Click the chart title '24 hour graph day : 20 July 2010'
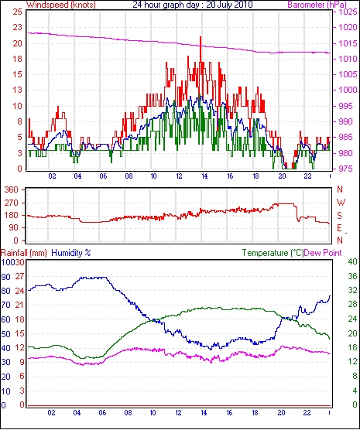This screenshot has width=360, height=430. (x=193, y=5)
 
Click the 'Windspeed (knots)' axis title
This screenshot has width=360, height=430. (x=61, y=5)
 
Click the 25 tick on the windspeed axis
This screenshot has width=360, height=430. (x=18, y=12)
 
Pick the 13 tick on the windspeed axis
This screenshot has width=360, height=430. (x=18, y=90)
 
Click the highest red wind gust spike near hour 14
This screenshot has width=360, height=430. (x=201, y=37)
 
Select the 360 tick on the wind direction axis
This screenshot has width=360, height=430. (x=12, y=189)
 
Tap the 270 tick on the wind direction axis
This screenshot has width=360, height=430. (x=12, y=203)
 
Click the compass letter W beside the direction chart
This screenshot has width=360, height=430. (x=341, y=203)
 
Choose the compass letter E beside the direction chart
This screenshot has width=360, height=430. (x=340, y=228)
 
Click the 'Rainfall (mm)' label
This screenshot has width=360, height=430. (x=24, y=253)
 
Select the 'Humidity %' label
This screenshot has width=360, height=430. (x=71, y=253)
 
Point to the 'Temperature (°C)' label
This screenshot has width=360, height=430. (x=273, y=253)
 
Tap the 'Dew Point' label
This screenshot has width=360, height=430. (x=323, y=253)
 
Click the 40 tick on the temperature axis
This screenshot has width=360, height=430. (x=352, y=262)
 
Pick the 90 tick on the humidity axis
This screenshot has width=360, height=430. (x=5, y=277)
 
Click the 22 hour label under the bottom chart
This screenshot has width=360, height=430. (x=307, y=413)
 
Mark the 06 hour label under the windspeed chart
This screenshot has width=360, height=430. (x=103, y=176)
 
